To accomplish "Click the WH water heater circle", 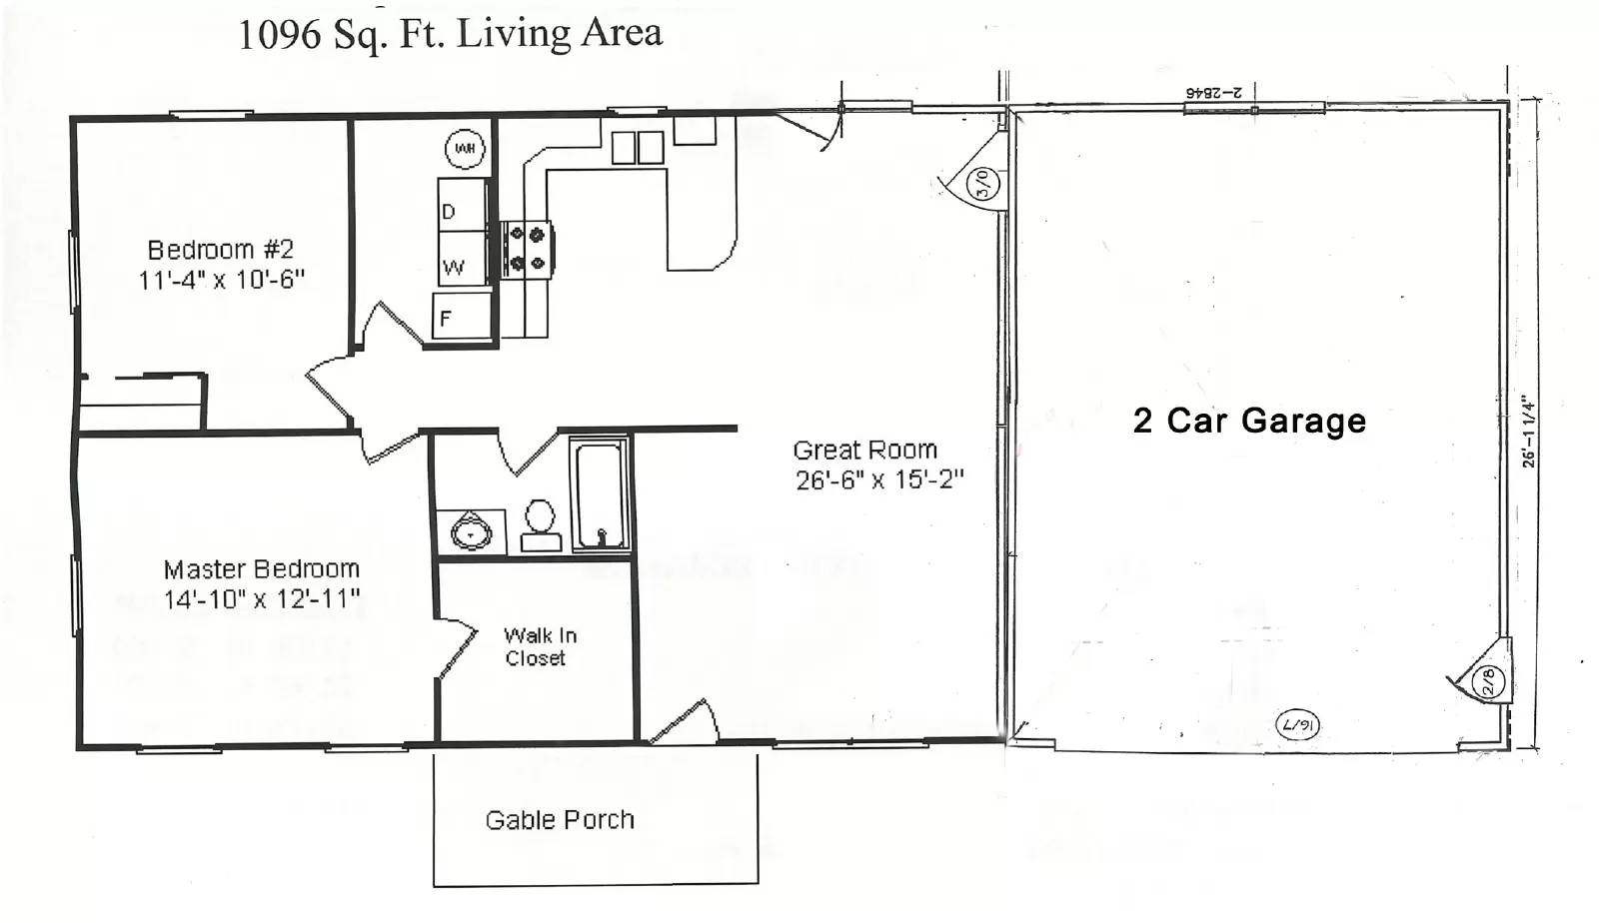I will point(465,149).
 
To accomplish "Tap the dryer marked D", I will point(462,205).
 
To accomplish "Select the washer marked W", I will point(462,261).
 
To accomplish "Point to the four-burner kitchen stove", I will point(527,250).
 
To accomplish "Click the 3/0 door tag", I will point(982,183).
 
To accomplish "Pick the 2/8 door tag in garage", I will point(1488,682).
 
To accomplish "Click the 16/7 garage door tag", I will point(1297,724).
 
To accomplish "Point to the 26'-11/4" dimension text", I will point(1528,432).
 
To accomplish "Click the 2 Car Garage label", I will point(1249,421).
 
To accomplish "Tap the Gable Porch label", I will point(560,820).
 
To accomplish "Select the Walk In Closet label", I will point(540,646).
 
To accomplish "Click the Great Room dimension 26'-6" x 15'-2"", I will point(879,480).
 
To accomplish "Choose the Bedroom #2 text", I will point(221,250).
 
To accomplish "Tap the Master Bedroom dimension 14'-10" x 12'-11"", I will point(262,600).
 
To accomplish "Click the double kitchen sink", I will point(638,148).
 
